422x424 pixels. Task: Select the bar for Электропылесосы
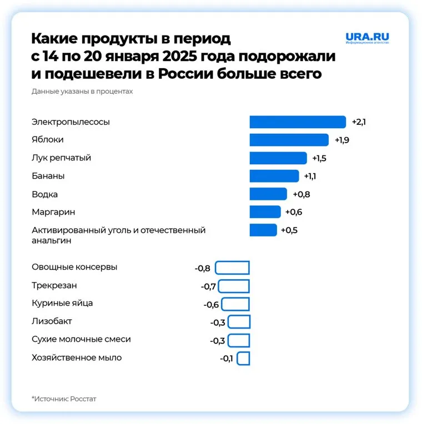click(x=298, y=122)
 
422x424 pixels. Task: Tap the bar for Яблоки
click(x=289, y=140)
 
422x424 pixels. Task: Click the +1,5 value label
click(x=319, y=158)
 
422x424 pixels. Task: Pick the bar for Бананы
click(x=274, y=176)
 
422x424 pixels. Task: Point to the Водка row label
click(x=45, y=194)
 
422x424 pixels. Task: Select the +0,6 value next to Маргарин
click(x=293, y=212)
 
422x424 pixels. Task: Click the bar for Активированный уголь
click(x=263, y=230)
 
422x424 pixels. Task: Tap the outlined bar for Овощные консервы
click(x=232, y=268)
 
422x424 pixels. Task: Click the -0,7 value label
click(x=208, y=286)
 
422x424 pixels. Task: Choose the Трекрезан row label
click(x=54, y=285)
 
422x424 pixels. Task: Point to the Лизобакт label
click(x=52, y=321)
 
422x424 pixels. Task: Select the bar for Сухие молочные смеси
click(x=239, y=340)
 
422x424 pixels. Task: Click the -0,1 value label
click(x=227, y=359)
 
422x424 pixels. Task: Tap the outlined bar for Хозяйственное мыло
click(x=243, y=358)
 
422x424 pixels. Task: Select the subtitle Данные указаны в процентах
click(x=82, y=91)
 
